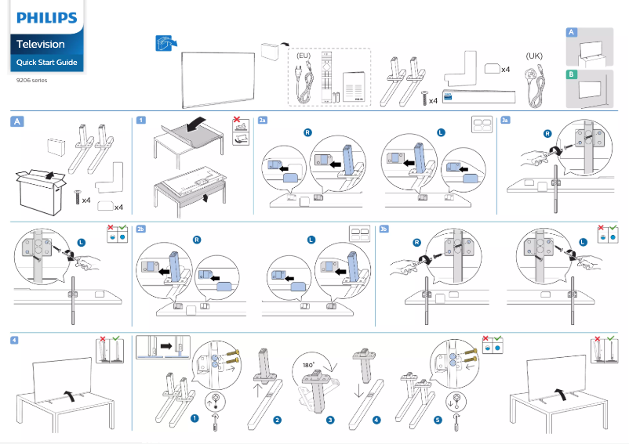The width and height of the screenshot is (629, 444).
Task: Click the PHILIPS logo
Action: coord(47,17)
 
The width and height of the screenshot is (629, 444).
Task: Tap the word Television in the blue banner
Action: coord(41,45)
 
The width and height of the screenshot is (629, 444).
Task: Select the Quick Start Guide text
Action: coord(47,63)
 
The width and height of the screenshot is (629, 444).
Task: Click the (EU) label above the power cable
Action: coord(304,56)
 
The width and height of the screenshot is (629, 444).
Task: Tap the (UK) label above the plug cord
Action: coord(534,56)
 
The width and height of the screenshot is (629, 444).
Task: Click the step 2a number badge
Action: coord(263,120)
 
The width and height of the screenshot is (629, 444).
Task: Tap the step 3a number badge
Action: coord(506,120)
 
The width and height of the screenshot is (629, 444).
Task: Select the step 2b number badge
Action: coord(141,229)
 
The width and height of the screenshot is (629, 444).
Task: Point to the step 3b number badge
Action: coord(384,229)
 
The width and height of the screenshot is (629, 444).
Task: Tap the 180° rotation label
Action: coord(310,365)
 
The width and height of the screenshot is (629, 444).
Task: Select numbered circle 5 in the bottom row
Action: coord(438,420)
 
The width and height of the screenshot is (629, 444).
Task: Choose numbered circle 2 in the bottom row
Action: coord(277,420)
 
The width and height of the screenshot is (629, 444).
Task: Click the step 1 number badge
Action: coord(140,120)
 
